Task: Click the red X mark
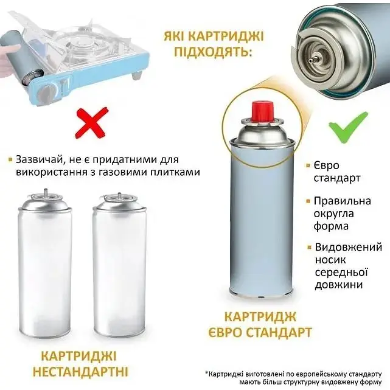pos(92,124)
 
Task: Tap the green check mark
pos(348,127)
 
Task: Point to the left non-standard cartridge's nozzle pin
pos(45,193)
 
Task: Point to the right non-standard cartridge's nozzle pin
pos(119,195)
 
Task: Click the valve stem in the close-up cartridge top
pos(312,60)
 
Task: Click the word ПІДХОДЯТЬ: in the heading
pos(212,52)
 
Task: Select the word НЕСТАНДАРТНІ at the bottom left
pos(80,372)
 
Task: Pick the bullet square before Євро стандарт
pos(308,165)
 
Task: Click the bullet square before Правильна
pos(308,201)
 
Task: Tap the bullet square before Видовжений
pos(310,247)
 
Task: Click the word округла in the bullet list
pos(333,214)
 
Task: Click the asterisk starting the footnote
pos(206,373)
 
